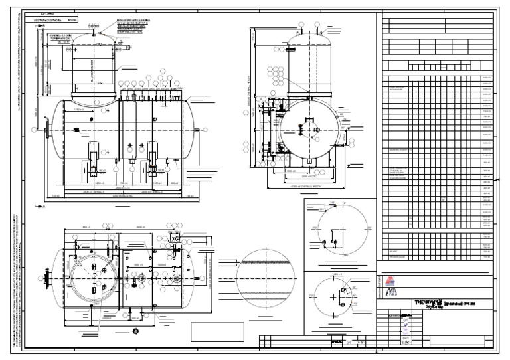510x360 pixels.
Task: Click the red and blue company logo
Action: pos(390,281)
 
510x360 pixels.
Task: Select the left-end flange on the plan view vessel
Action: pos(47,276)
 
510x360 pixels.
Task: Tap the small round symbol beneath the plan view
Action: pos(135,330)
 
